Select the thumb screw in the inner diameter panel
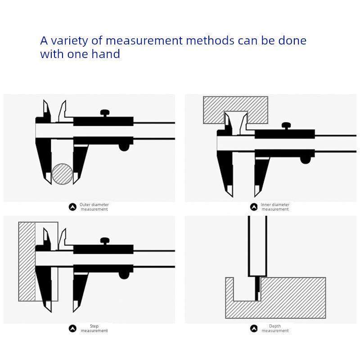pos(286,126)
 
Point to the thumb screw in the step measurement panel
pos(105,241)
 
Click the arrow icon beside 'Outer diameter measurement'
pos(72,207)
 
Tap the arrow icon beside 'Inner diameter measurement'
pos(254,207)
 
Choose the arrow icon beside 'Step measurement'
pos(72,328)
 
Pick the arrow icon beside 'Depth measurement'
pos(254,328)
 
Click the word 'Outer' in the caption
pos(85,204)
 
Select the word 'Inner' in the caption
pos(265,204)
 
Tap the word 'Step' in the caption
pos(94,326)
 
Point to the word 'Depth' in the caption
pos(275,326)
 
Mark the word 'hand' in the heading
pos(107,54)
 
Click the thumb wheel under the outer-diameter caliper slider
pos(124,147)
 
